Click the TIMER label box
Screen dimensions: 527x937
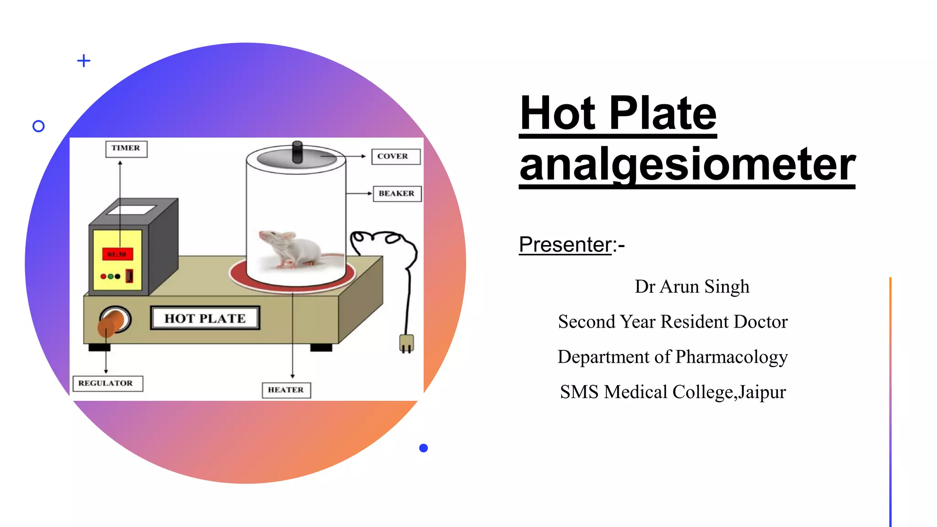pos(126,149)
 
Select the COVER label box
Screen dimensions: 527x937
pos(395,156)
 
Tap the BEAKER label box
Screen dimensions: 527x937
pos(397,194)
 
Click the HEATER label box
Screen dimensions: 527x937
pos(286,390)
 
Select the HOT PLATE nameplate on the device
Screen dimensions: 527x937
pos(205,318)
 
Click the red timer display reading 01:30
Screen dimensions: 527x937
pos(117,254)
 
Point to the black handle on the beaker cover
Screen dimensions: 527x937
pos(297,151)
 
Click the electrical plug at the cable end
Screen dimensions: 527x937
pos(406,343)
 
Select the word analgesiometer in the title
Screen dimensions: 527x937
pos(687,165)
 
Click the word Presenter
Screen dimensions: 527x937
pos(565,245)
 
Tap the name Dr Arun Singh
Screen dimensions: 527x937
pos(692,287)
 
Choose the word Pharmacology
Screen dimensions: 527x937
pos(731,357)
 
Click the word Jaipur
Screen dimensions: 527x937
pos(762,393)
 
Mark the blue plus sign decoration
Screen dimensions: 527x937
pos(84,60)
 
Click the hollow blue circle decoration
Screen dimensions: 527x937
pos(39,126)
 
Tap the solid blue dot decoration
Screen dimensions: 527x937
pos(424,448)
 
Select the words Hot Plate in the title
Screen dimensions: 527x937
pos(618,113)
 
